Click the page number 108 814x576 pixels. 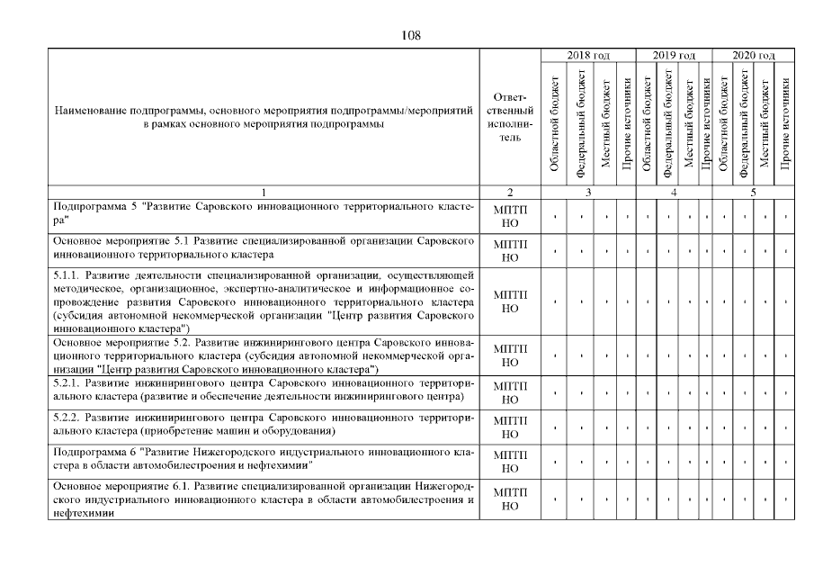click(407, 35)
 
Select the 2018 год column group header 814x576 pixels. click(588, 56)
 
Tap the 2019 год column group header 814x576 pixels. click(674, 56)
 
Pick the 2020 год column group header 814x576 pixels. click(754, 56)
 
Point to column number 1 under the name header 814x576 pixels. click(264, 192)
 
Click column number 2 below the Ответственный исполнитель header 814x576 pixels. click(510, 192)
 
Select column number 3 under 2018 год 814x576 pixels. click(588, 192)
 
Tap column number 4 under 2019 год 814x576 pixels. click(674, 192)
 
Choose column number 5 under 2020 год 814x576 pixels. click(754, 192)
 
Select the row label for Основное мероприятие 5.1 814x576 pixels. click(264, 249)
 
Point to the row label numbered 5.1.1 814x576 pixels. click(264, 301)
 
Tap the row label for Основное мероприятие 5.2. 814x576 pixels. click(264, 355)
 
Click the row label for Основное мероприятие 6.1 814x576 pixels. click(264, 499)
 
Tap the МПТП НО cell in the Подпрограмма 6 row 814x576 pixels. click(510, 461)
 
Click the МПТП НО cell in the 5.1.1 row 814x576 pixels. click(510, 301)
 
